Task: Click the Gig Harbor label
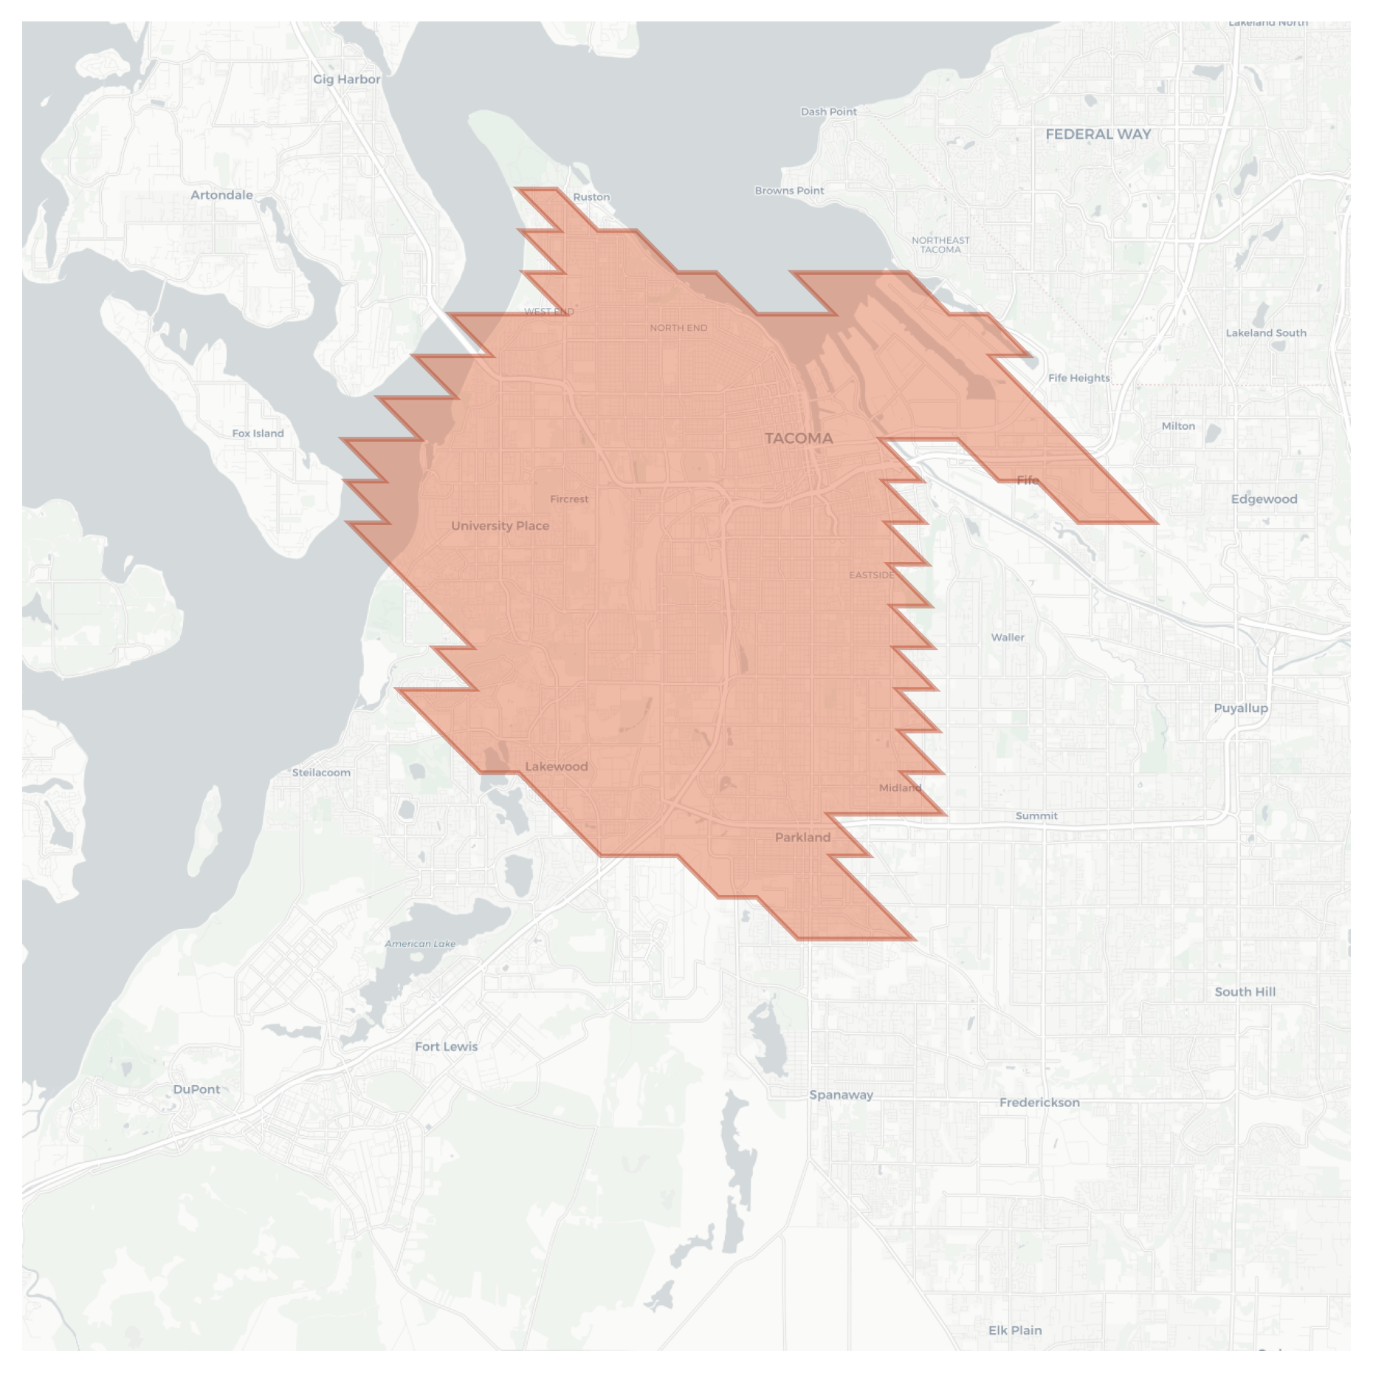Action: [346, 79]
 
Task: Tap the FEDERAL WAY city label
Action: [1098, 134]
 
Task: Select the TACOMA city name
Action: [799, 438]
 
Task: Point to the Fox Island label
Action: [258, 434]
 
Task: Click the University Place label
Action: [500, 526]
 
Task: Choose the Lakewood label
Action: [556, 766]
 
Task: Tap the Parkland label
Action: [802, 837]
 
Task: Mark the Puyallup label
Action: [1241, 708]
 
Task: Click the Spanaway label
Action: [841, 1095]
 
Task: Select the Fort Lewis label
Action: [446, 1047]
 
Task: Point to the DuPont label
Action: [196, 1089]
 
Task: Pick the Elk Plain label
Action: [1015, 1330]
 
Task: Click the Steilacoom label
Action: [321, 773]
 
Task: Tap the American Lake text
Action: [420, 943]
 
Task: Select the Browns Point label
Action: [789, 191]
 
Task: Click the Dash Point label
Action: [828, 112]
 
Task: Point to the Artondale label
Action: [221, 195]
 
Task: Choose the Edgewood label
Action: [1264, 499]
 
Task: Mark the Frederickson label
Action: [1039, 1103]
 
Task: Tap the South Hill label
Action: [1245, 992]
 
